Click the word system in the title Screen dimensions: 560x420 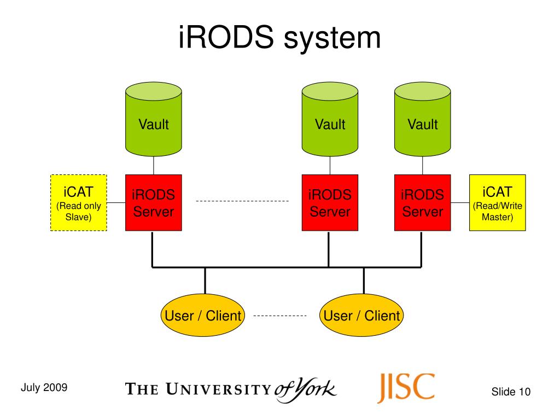pos(332,39)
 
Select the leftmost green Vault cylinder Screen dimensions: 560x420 pos(154,119)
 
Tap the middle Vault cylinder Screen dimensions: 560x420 pos(330,119)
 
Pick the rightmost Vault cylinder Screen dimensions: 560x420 pos(423,119)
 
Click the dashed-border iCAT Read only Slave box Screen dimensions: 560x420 pos(79,203)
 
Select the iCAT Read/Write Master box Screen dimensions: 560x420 pos(498,203)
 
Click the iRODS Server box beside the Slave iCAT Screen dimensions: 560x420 pos(154,203)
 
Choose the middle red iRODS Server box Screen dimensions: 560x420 pos(330,203)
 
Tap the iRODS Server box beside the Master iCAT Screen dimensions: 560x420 pos(423,203)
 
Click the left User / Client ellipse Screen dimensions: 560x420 pos(203,315)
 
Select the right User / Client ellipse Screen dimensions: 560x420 pos(361,315)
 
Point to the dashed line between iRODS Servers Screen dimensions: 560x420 pos(242,201)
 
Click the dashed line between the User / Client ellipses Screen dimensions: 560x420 pos(280,316)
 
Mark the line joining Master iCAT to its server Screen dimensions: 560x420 pos(460,202)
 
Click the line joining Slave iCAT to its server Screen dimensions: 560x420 pos(116,202)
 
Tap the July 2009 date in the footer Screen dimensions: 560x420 pos(44,387)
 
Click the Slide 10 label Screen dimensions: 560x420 pos(511,392)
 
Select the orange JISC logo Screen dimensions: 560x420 pos(406,388)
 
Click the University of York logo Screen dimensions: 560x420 pos(231,390)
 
